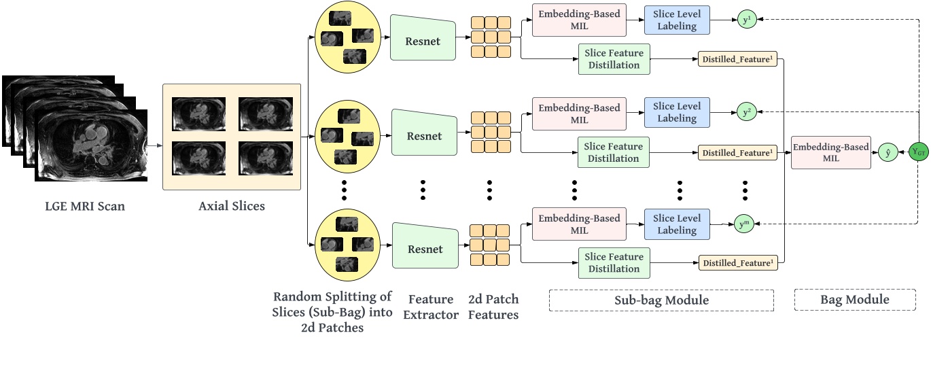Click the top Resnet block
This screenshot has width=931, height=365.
423,41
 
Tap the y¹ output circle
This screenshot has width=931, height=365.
745,20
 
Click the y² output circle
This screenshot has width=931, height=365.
745,112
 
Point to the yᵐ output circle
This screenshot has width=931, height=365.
745,223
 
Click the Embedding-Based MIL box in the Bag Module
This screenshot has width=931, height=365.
831,152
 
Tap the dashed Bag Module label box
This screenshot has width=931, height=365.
855,300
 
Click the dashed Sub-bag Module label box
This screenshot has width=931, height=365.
661,300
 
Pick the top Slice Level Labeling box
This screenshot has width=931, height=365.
676,20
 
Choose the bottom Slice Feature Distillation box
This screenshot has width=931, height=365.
614,262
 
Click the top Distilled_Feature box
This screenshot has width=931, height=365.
737,59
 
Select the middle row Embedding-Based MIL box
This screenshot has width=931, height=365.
579,113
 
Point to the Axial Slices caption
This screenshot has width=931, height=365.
231,206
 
